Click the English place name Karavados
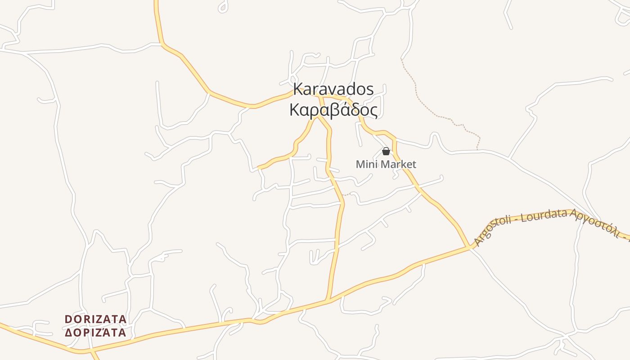pyautogui.click(x=333, y=89)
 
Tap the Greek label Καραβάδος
pyautogui.click(x=333, y=110)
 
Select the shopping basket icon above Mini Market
pyautogui.click(x=386, y=151)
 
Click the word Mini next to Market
pyautogui.click(x=365, y=165)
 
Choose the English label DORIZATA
pyautogui.click(x=95, y=319)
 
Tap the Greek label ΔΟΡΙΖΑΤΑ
pyautogui.click(x=95, y=333)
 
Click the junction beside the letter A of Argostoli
pyautogui.click(x=469, y=247)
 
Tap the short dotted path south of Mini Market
pyautogui.click(x=346, y=194)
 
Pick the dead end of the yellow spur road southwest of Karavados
pyautogui.click(x=259, y=168)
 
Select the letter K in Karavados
pyautogui.click(x=297, y=89)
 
